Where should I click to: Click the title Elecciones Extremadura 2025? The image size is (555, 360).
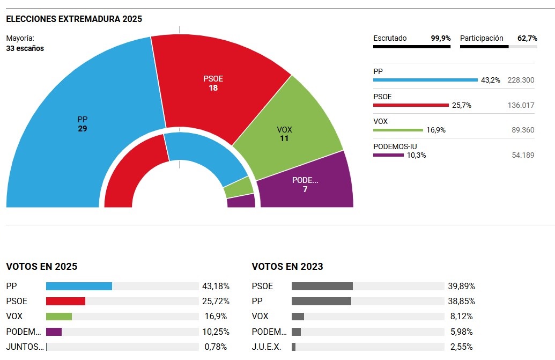point(74,19)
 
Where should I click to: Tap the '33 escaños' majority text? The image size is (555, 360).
point(25,48)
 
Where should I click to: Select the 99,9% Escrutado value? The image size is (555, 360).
point(441,38)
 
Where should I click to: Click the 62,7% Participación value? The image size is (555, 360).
point(527,38)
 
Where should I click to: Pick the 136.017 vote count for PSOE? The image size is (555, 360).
point(521,105)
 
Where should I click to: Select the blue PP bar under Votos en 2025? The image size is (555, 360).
point(79,286)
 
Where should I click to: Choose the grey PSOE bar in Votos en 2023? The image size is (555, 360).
point(322,286)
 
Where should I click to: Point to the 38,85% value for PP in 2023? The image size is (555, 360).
point(461,302)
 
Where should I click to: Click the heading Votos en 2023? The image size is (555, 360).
point(287,267)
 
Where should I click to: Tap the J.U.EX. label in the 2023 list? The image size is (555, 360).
point(267,347)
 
